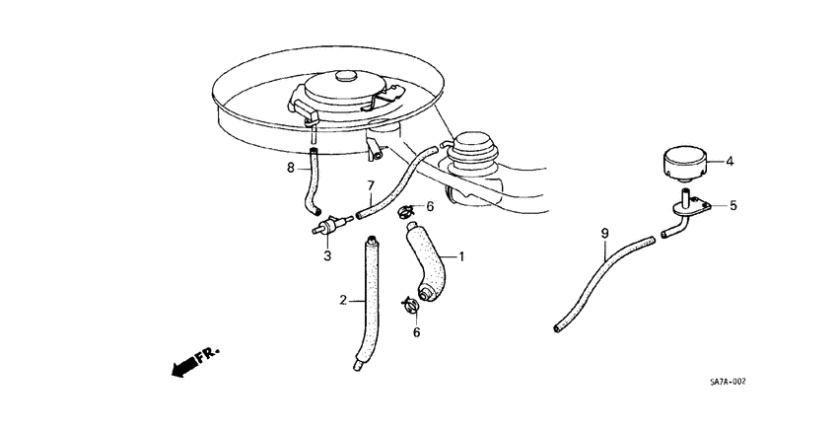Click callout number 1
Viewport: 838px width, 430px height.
(x=460, y=256)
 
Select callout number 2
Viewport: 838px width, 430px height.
(x=343, y=300)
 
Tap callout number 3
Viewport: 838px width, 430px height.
(x=326, y=256)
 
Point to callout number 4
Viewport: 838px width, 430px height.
(x=730, y=160)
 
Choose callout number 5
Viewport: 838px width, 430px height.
(x=733, y=206)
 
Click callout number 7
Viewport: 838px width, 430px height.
(x=371, y=185)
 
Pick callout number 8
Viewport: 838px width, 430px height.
(x=291, y=169)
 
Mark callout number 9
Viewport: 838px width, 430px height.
(x=605, y=234)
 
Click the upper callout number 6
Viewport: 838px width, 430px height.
(x=429, y=206)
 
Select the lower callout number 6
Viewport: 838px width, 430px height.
(x=416, y=332)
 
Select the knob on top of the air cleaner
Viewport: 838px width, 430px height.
(x=346, y=77)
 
